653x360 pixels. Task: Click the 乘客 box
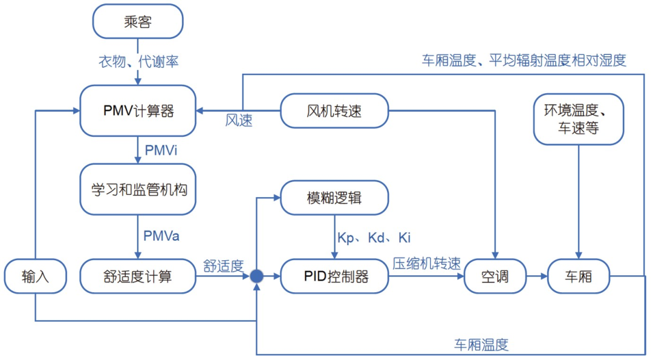pyautogui.click(x=137, y=22)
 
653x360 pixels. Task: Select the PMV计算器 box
pyautogui.click(x=137, y=111)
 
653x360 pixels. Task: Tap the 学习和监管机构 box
pyautogui.click(x=137, y=189)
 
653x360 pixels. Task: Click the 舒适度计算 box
pyautogui.click(x=137, y=277)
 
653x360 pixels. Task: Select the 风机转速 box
pyautogui.click(x=334, y=111)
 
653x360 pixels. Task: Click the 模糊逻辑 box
pyautogui.click(x=334, y=197)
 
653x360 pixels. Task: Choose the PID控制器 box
pyautogui.click(x=334, y=277)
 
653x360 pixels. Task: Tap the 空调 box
pyautogui.click(x=495, y=277)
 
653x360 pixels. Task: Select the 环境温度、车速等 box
pyautogui.click(x=579, y=119)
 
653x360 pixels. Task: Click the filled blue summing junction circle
pyautogui.click(x=256, y=277)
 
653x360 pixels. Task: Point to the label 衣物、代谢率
pyautogui.click(x=138, y=61)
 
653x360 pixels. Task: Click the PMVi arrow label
pyautogui.click(x=160, y=149)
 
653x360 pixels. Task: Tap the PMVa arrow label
pyautogui.click(x=161, y=235)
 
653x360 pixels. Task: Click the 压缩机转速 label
pyautogui.click(x=426, y=263)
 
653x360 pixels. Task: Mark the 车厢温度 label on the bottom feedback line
pyautogui.click(x=481, y=345)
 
